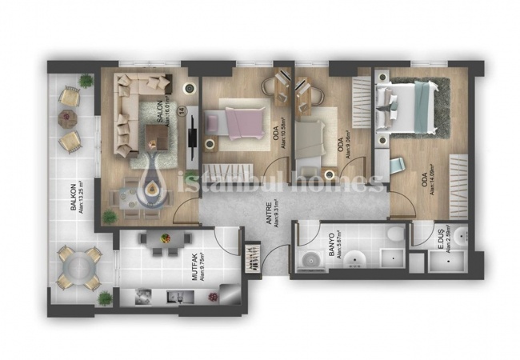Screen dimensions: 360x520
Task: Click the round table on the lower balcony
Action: pos(78,267)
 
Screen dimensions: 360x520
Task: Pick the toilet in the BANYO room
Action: pos(394,234)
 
